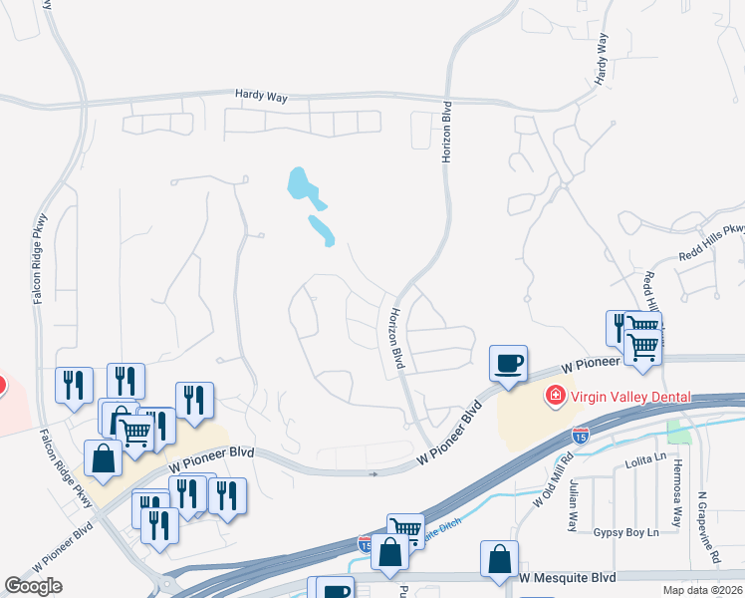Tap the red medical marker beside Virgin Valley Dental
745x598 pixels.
coord(553,397)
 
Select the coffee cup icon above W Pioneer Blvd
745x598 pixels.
coord(508,362)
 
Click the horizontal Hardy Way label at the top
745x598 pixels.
coord(261,95)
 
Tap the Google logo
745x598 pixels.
coord(34,586)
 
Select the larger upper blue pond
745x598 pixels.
coord(300,182)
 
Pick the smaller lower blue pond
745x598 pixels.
coord(321,229)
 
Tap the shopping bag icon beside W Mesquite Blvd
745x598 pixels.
coord(499,560)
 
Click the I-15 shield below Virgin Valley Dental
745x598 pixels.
coord(580,435)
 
